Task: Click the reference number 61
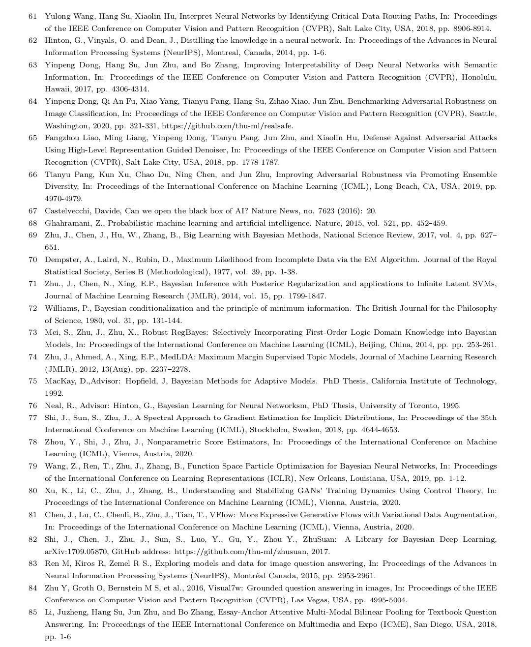[x=33, y=16]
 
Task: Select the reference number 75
[x=33, y=381]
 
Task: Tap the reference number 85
[x=33, y=612]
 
